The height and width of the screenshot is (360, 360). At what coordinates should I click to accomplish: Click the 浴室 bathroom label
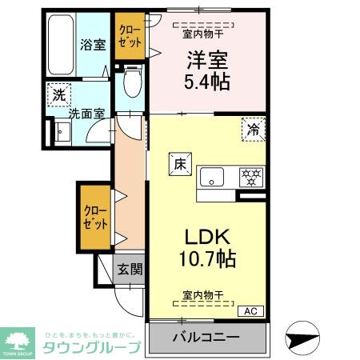pyautogui.click(x=92, y=45)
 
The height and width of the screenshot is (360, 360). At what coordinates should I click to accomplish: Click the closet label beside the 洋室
pyautogui.click(x=128, y=38)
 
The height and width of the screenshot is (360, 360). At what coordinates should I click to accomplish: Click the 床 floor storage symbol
pyautogui.click(x=180, y=163)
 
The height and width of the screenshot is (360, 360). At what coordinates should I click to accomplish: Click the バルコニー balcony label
pyautogui.click(x=206, y=337)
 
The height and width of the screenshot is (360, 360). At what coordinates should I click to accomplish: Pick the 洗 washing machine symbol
pyautogui.click(x=57, y=94)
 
